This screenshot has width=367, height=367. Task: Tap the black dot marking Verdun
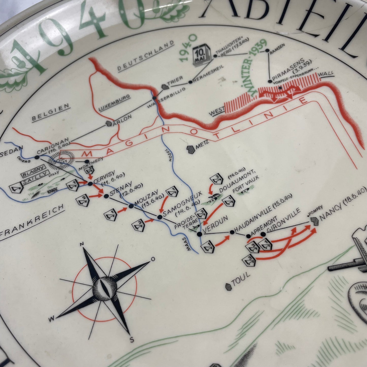(199, 234)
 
